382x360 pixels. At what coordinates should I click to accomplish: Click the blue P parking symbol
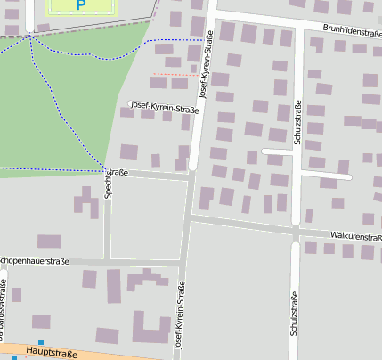pyautogui.click(x=81, y=5)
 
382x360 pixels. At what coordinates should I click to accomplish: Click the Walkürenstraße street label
pyautogui.click(x=355, y=236)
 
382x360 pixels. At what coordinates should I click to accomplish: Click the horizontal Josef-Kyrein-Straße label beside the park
pyautogui.click(x=164, y=108)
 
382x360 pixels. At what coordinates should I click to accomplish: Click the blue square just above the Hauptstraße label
pyautogui.click(x=41, y=342)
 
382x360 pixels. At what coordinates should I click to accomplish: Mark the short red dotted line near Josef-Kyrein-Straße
pyautogui.click(x=175, y=74)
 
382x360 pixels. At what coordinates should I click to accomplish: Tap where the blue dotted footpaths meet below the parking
pyautogui.click(x=30, y=36)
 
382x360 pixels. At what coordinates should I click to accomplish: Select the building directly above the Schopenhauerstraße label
pyautogui.click(x=49, y=241)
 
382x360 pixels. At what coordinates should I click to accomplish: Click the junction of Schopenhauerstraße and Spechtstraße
pyautogui.click(x=107, y=261)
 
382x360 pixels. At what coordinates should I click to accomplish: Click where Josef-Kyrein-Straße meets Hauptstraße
pyautogui.click(x=175, y=356)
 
